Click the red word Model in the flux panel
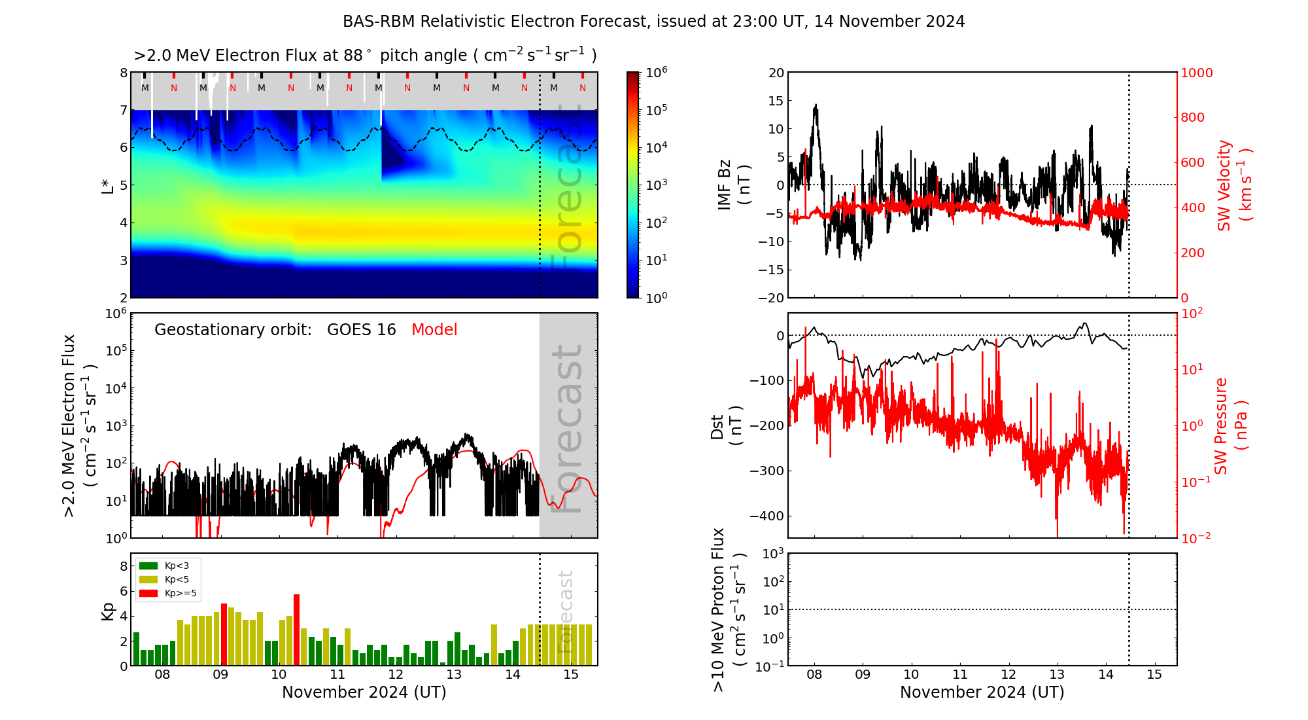(x=434, y=330)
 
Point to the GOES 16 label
(x=362, y=330)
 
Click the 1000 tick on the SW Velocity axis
(x=1196, y=73)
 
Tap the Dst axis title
(x=726, y=426)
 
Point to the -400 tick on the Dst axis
(x=768, y=516)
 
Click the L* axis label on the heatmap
(x=108, y=185)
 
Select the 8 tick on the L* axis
(x=124, y=73)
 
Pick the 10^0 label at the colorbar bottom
(x=657, y=297)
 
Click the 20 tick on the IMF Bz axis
(x=776, y=73)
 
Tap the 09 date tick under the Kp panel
(x=220, y=675)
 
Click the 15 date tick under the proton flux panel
(x=1154, y=675)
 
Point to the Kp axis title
(x=108, y=611)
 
